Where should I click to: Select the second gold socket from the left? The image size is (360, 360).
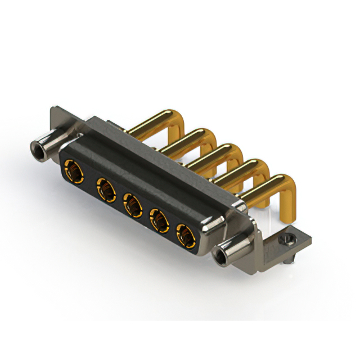[104, 186]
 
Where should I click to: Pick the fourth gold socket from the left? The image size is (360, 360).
[160, 220]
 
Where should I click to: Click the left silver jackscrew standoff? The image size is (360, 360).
[48, 144]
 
